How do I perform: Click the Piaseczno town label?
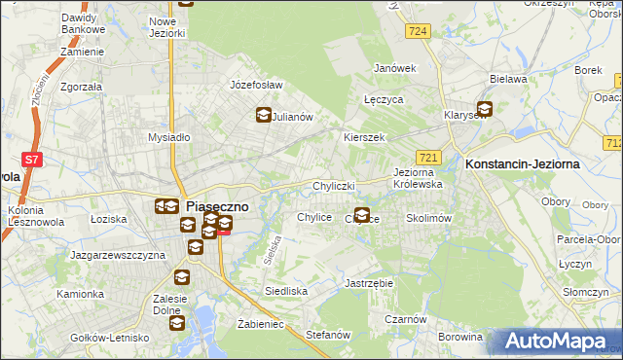(217, 206)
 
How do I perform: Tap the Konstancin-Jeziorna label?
(523, 164)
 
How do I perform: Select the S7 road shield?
(31, 158)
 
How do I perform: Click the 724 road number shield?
(419, 32)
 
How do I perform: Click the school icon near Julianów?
(263, 116)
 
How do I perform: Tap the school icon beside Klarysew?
(484, 110)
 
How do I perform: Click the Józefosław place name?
(255, 85)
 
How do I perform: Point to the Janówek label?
(395, 68)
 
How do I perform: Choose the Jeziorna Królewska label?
(419, 178)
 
